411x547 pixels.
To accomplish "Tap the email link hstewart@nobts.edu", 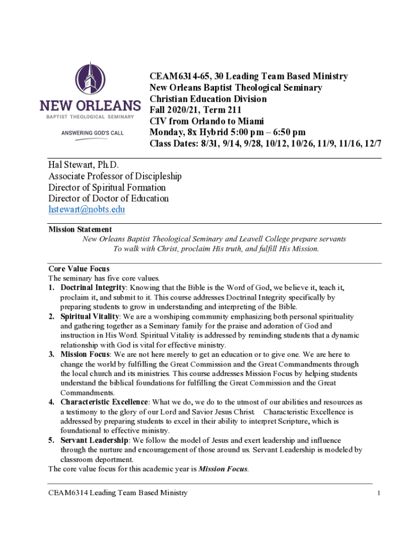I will point(86,209).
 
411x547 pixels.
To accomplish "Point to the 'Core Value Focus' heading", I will point(79,269).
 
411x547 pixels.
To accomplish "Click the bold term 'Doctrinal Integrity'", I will point(93,288).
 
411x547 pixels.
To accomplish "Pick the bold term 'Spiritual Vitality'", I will point(90,317).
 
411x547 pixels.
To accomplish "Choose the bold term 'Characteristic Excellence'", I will point(105,402).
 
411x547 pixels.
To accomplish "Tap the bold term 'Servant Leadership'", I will point(94,440).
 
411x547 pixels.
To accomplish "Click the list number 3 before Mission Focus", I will point(51,354).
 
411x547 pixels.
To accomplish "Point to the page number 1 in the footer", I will point(378,493).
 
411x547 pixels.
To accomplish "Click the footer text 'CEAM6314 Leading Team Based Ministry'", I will point(117,493).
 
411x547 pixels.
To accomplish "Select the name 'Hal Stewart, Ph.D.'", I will point(84,165).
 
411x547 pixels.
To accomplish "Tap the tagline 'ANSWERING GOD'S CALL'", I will point(92,132).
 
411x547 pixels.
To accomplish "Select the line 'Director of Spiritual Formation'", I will point(107,187).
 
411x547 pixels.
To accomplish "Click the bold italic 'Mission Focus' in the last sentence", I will point(223,469).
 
